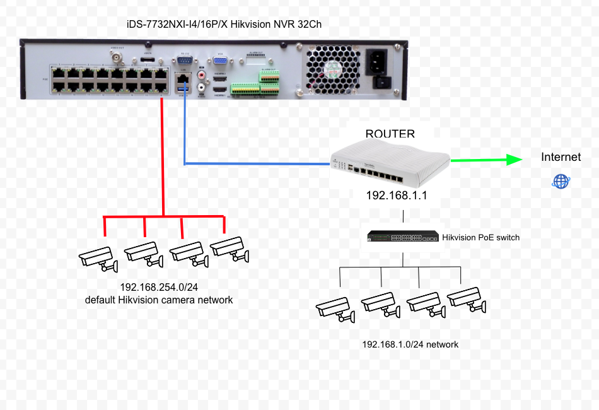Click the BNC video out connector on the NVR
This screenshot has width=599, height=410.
[117, 58]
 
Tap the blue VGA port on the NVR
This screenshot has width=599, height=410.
[221, 60]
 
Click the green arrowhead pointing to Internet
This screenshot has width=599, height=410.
[512, 160]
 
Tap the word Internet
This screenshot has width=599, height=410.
[561, 157]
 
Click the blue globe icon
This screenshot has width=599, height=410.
[561, 182]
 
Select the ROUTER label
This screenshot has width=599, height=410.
[390, 134]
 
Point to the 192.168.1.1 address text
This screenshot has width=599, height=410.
[397, 196]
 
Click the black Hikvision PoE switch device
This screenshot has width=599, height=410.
[403, 237]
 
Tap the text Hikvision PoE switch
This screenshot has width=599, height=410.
[481, 237]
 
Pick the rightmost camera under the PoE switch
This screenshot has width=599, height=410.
[467, 299]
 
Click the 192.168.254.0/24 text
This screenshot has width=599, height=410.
[158, 288]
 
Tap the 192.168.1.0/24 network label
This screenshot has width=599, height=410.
[410, 344]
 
